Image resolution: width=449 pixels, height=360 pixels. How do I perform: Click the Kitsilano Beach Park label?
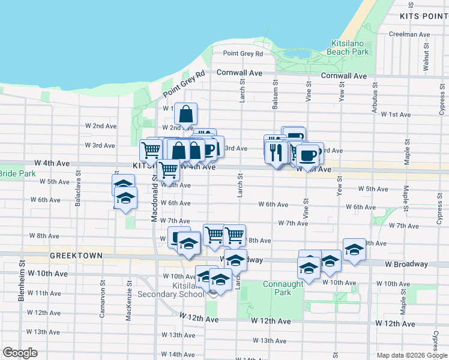pyautogui.click(x=351, y=47)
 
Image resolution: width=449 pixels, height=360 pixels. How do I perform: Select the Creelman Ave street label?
pyautogui.click(x=411, y=34)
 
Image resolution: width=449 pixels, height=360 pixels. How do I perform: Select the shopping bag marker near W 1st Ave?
pyautogui.click(x=186, y=113)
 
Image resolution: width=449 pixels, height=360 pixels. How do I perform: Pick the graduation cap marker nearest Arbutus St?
pyautogui.click(x=354, y=250)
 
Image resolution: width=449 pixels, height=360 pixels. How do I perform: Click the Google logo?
pyautogui.click(x=20, y=353)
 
